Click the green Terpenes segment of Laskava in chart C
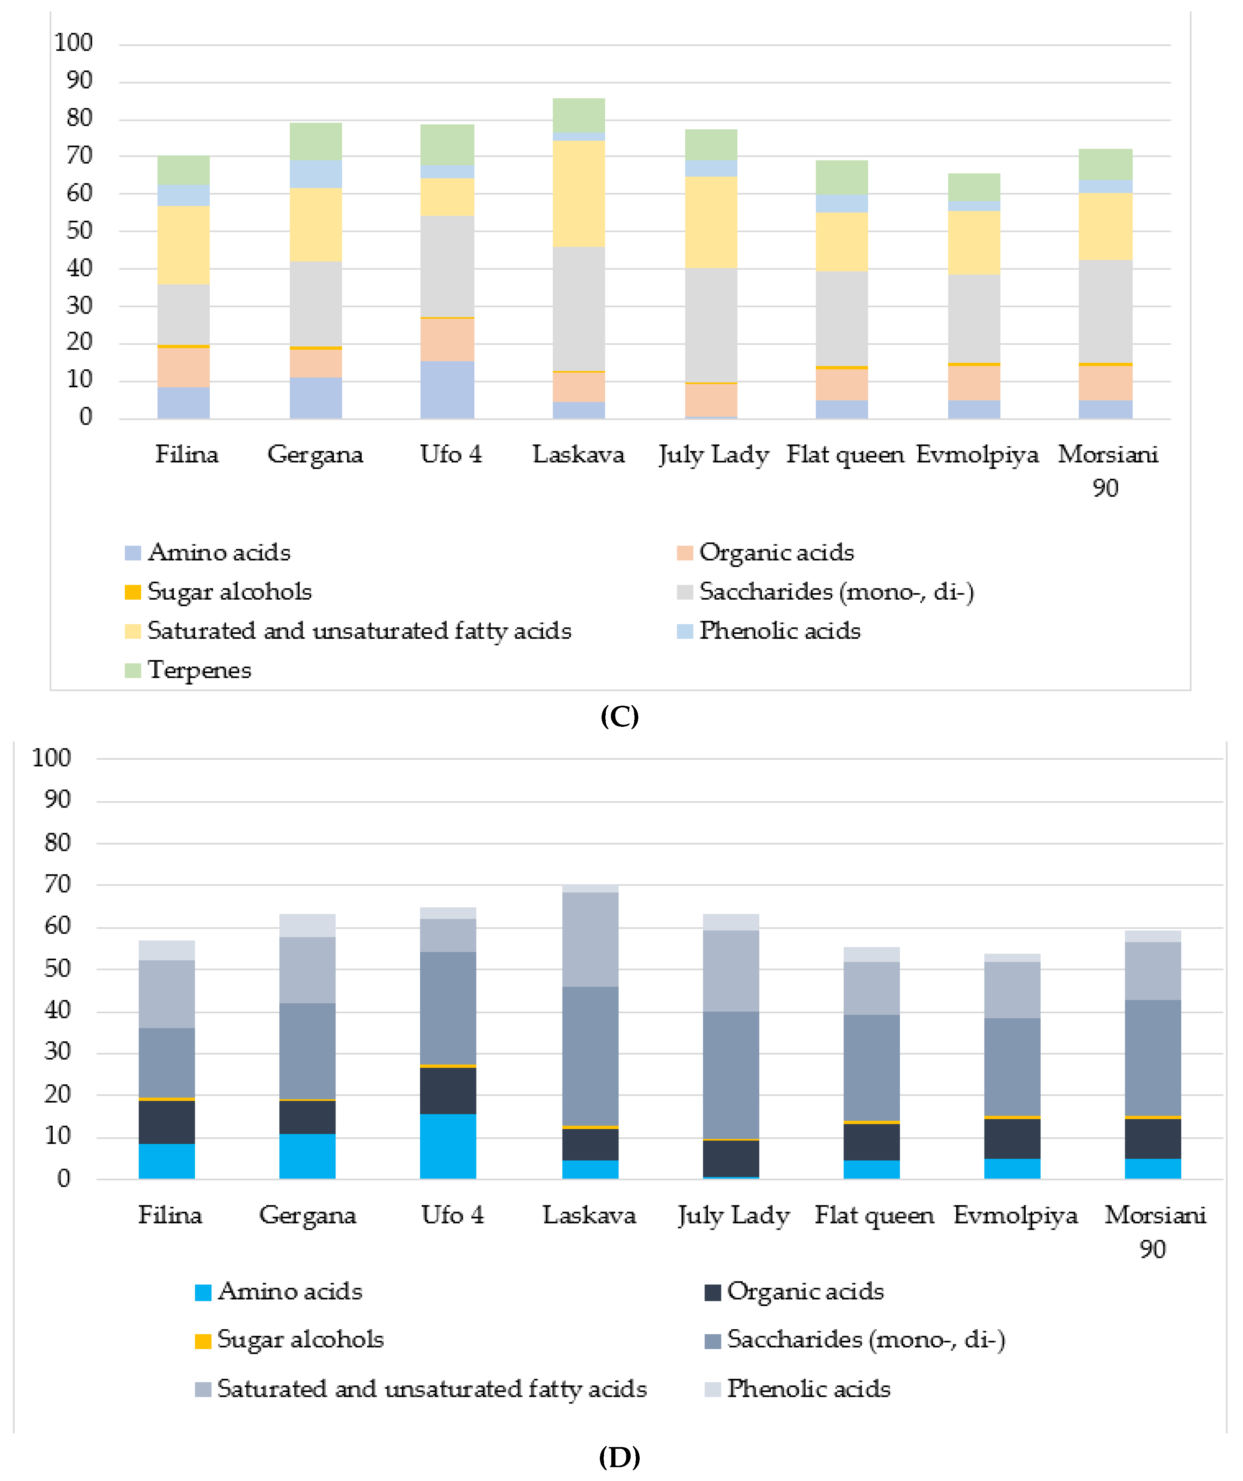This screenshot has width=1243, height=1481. point(578,115)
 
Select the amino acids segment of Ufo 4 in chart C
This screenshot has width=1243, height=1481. point(447,390)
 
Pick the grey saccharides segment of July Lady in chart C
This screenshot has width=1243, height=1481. point(711,325)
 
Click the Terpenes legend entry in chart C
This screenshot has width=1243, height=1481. point(199,670)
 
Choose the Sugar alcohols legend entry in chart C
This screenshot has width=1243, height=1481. point(229,592)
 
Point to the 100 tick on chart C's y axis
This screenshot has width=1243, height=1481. point(73,43)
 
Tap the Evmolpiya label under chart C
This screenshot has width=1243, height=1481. point(977,454)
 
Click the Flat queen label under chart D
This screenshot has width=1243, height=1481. point(874,1215)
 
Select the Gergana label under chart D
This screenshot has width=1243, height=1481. point(308,1215)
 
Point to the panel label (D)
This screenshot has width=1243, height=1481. point(619,1457)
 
